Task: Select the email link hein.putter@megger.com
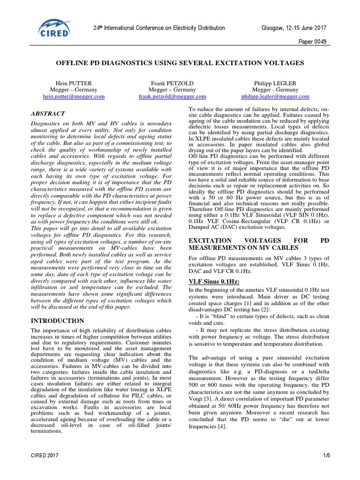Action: tap(74, 97)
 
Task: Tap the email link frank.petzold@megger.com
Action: tap(172, 97)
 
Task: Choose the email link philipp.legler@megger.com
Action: tap(275, 97)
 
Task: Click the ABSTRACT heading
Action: tap(48, 113)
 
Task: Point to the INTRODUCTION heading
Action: tap(57, 321)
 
